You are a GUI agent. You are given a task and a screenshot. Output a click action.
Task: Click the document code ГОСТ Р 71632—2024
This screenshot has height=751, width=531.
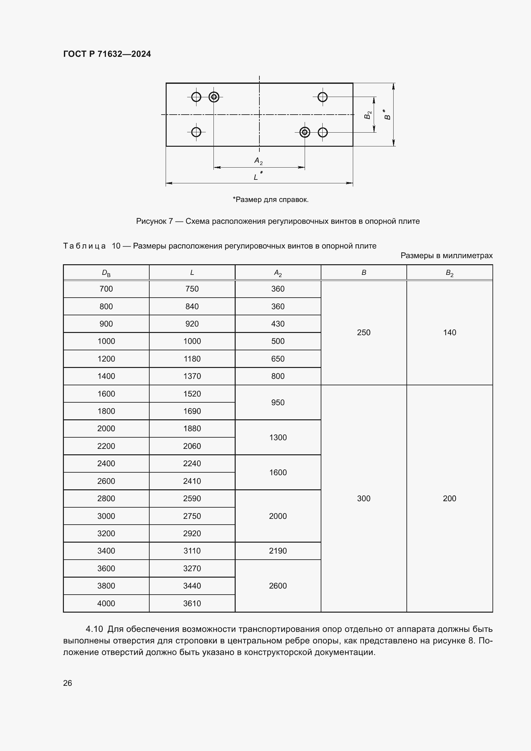(x=107, y=54)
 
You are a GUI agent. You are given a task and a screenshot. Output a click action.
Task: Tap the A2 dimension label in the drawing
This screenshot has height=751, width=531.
(x=258, y=161)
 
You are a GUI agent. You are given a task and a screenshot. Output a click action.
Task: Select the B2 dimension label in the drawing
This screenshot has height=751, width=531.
(x=368, y=115)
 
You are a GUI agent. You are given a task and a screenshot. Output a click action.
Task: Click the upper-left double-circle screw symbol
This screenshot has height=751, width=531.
(x=214, y=97)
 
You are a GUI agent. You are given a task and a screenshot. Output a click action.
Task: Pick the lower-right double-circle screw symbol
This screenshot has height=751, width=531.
(x=305, y=132)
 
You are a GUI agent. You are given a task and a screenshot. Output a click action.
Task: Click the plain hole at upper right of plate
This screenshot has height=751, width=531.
(x=322, y=97)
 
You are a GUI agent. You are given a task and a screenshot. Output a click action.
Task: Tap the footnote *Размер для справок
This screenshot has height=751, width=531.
(x=270, y=199)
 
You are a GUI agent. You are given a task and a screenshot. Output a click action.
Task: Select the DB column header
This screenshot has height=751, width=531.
(x=106, y=273)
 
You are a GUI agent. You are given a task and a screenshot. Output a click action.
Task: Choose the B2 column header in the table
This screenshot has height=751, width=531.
(x=449, y=273)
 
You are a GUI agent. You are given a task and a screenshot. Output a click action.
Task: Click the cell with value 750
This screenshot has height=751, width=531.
(x=192, y=289)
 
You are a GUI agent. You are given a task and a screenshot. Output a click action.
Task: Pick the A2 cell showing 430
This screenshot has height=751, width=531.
(x=278, y=324)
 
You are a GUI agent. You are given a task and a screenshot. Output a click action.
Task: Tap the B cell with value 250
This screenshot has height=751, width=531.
(x=364, y=333)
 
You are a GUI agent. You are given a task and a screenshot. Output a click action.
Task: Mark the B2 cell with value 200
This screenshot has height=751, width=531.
(x=449, y=499)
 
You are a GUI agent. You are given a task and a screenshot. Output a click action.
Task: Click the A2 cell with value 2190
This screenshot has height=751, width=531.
(x=278, y=551)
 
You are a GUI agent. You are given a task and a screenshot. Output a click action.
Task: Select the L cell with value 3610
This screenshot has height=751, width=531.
(x=192, y=604)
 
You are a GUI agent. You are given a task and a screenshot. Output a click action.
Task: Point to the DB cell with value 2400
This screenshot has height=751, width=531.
(x=106, y=464)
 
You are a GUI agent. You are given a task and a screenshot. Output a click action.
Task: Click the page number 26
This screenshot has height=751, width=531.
(x=67, y=683)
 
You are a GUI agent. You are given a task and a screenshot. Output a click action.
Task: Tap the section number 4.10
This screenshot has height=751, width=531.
(x=94, y=629)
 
